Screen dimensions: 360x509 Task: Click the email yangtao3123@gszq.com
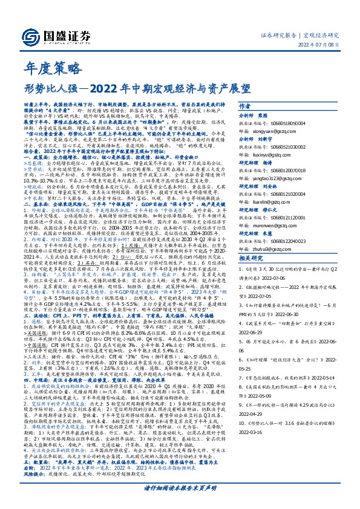[299, 179]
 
